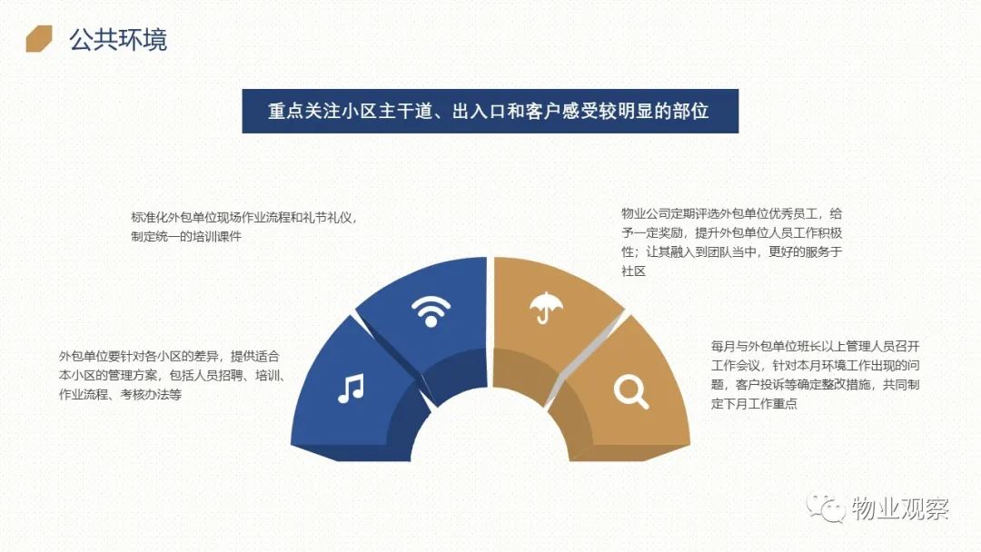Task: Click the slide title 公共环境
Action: click(x=117, y=39)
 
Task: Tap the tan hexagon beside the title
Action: click(x=39, y=39)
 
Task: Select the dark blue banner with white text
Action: click(x=490, y=111)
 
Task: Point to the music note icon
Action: click(x=351, y=389)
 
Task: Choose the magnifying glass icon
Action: click(x=630, y=392)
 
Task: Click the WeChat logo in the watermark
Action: click(x=826, y=508)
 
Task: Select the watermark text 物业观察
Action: click(x=900, y=508)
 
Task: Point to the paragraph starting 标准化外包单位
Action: click(x=244, y=227)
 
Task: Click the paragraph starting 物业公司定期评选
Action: click(x=732, y=242)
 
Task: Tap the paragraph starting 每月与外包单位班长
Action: click(x=815, y=374)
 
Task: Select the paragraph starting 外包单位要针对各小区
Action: click(x=172, y=375)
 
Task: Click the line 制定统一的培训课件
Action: click(x=186, y=236)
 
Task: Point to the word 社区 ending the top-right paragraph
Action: click(x=633, y=271)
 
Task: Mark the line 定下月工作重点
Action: click(x=754, y=403)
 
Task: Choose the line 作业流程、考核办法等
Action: click(x=120, y=394)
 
